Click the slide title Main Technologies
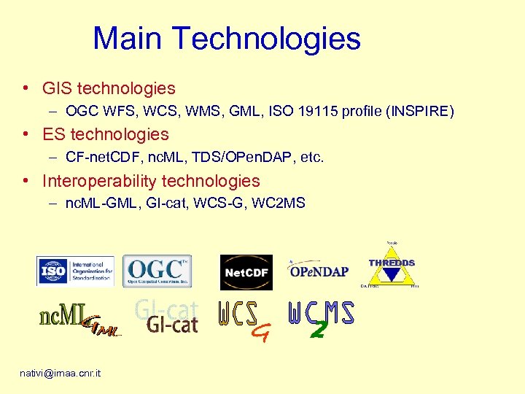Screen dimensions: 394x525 pyautogui.click(x=227, y=39)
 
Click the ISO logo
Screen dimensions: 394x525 pyautogui.click(x=75, y=271)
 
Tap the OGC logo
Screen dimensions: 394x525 pyautogui.click(x=157, y=271)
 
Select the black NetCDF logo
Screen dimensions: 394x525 pyautogui.click(x=246, y=273)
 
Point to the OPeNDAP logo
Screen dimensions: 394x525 pyautogui.click(x=318, y=271)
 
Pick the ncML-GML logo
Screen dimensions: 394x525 pyautogui.click(x=79, y=319)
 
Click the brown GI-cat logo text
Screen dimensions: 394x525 pyautogui.click(x=172, y=324)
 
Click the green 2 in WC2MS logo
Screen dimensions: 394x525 pyautogui.click(x=317, y=330)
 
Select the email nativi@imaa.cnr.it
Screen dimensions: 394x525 pyautogui.click(x=61, y=373)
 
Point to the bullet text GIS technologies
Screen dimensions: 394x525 pyautogui.click(x=109, y=89)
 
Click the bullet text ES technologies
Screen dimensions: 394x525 pyautogui.click(x=106, y=134)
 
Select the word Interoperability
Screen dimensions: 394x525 pyautogui.click(x=99, y=181)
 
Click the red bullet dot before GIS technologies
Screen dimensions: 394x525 pyautogui.click(x=26, y=89)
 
